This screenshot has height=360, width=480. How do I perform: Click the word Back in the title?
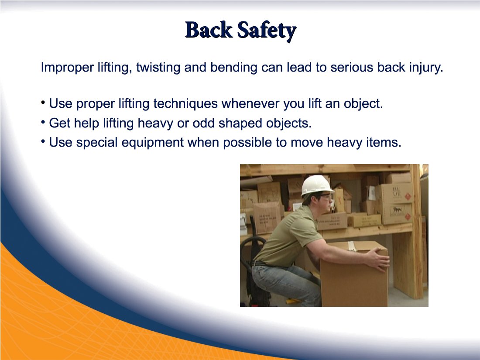click(x=209, y=30)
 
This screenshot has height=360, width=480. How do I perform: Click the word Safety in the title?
click(x=267, y=31)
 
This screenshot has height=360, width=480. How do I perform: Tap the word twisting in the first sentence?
click(x=158, y=68)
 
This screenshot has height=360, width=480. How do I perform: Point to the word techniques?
click(x=185, y=104)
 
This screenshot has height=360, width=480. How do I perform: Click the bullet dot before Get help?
click(x=43, y=122)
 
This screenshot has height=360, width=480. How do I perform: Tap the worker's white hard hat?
click(x=317, y=185)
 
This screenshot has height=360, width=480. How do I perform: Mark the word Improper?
click(x=67, y=68)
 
